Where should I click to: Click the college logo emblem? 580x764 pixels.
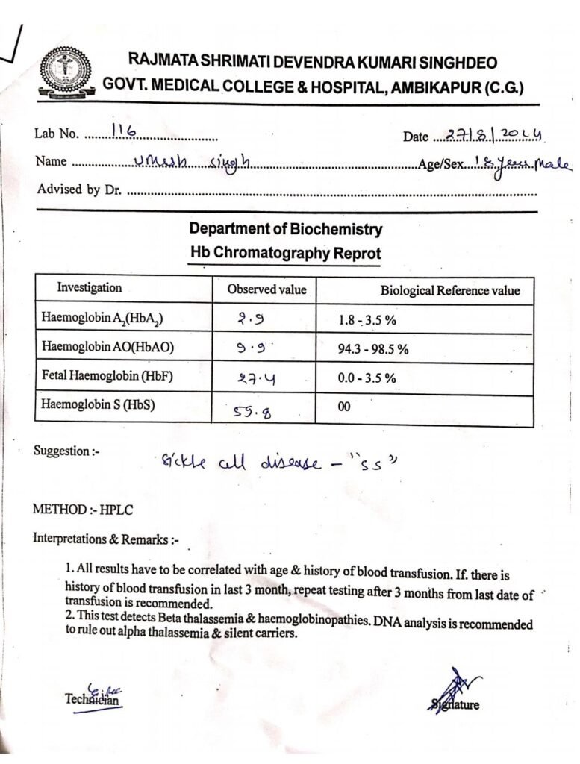(66, 74)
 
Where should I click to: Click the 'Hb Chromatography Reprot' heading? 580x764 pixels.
(285, 254)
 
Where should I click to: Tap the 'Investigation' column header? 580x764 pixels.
(90, 288)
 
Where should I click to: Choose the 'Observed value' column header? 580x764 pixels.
(266, 289)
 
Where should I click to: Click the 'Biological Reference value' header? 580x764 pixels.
(449, 290)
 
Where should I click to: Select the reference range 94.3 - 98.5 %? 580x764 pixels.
(373, 349)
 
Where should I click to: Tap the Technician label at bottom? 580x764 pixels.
(93, 699)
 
